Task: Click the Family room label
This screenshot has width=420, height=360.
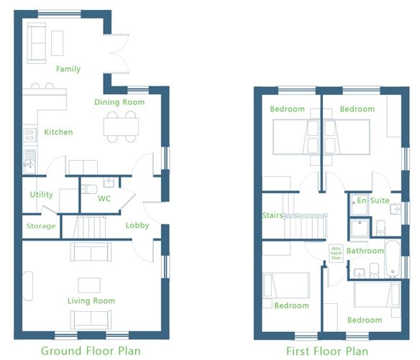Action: (x=68, y=69)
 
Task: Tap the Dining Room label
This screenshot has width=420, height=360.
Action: (x=119, y=102)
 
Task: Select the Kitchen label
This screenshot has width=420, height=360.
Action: (x=58, y=132)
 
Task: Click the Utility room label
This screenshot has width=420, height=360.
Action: (x=42, y=195)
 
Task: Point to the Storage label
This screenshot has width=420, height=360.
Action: (x=41, y=226)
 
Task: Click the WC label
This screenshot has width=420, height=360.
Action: (x=104, y=198)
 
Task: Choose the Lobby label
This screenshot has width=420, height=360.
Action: (x=137, y=225)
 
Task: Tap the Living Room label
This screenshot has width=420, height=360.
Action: (x=91, y=300)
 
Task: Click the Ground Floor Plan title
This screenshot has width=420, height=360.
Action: (x=91, y=351)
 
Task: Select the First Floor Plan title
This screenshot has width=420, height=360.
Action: (x=327, y=351)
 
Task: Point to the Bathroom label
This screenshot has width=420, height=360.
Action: (x=365, y=251)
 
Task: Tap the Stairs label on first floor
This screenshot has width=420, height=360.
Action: (x=271, y=215)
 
